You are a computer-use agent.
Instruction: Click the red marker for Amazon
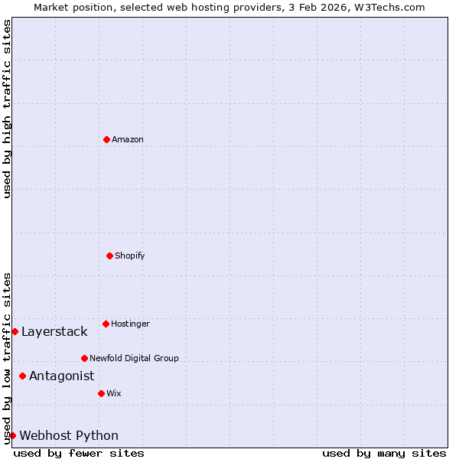point(106,139)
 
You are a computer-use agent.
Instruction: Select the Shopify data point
point(109,256)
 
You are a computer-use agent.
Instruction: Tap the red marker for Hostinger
point(106,324)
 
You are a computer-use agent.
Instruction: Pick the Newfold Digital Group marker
point(84,358)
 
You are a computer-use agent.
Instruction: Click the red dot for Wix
point(101,393)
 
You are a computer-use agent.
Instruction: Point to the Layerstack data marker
point(15,331)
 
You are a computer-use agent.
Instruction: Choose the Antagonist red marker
point(22,376)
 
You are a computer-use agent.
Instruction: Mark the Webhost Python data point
point(12,435)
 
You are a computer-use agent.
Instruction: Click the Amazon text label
point(128,139)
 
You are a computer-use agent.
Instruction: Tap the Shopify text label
point(130,256)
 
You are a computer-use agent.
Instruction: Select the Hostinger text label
point(130,324)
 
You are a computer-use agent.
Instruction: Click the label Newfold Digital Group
point(134,358)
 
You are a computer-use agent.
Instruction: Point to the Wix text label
point(114,393)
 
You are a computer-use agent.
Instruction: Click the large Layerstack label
point(54,331)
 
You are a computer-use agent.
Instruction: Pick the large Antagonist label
point(61,376)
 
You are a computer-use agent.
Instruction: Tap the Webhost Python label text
point(69,435)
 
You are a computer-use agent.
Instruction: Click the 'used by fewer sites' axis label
point(79,453)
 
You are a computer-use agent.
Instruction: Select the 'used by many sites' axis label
point(384,453)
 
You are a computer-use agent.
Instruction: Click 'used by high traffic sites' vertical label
point(7,109)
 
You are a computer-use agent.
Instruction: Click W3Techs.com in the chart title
point(390,7)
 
